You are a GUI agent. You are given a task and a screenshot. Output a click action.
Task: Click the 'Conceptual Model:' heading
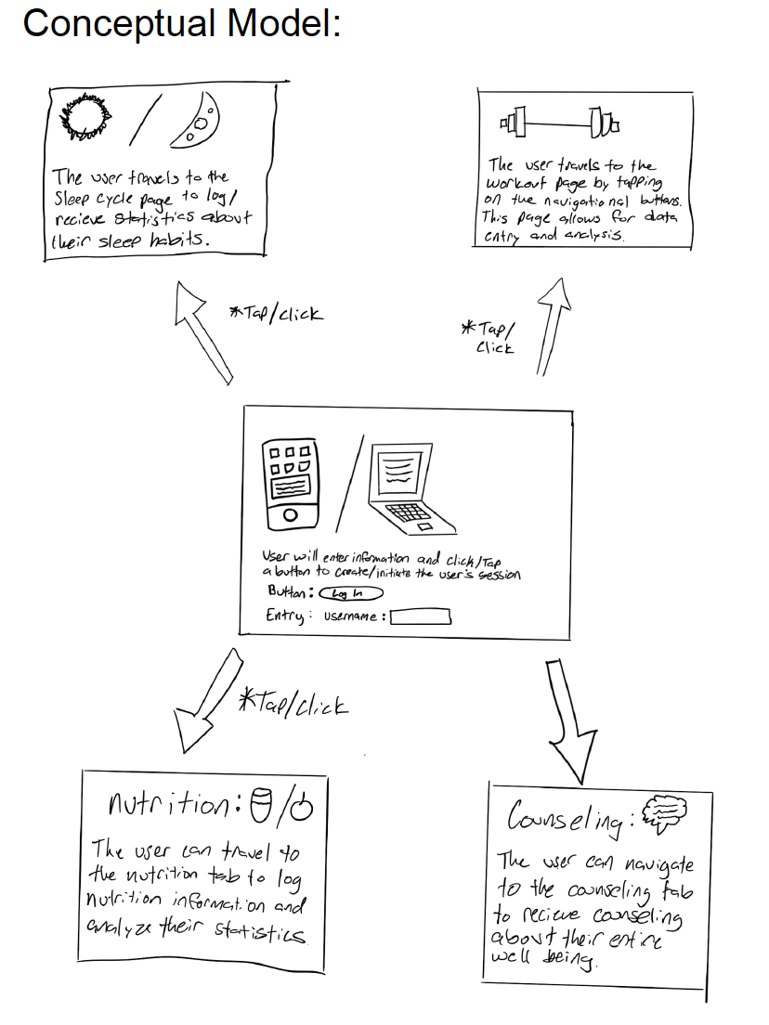pyautogui.click(x=181, y=23)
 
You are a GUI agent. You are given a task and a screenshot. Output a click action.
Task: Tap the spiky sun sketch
pyautogui.click(x=86, y=118)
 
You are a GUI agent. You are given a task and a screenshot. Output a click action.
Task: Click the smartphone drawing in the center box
pyautogui.click(x=290, y=480)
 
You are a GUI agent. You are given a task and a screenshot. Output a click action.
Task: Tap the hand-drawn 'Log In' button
pyautogui.click(x=350, y=593)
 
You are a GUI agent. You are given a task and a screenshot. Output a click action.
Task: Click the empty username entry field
pyautogui.click(x=421, y=616)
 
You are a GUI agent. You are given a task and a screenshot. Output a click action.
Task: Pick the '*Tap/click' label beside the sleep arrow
pyautogui.click(x=276, y=314)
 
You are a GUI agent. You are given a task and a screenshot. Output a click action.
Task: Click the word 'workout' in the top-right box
pyautogui.click(x=515, y=185)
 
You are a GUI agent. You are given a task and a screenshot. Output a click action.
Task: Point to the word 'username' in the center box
pyautogui.click(x=351, y=616)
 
